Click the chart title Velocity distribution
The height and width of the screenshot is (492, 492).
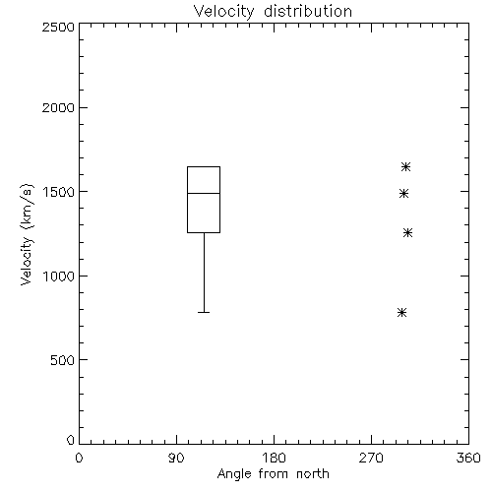click(x=273, y=12)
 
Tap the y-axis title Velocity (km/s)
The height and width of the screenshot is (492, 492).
click(x=27, y=234)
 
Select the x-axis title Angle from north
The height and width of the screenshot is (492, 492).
click(x=273, y=474)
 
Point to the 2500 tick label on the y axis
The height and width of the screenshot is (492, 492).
click(x=58, y=27)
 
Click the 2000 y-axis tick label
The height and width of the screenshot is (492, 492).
click(x=58, y=107)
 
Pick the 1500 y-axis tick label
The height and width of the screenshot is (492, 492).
click(x=59, y=192)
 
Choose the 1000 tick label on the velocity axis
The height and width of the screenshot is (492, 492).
click(x=59, y=277)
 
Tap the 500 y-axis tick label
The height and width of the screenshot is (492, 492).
click(x=63, y=360)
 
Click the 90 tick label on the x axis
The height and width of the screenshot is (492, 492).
click(x=176, y=458)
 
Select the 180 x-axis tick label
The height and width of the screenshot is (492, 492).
click(x=274, y=458)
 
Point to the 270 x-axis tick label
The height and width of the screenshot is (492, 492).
click(x=371, y=458)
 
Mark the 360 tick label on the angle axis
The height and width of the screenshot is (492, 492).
click(x=468, y=458)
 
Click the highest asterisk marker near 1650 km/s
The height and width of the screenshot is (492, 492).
click(x=405, y=167)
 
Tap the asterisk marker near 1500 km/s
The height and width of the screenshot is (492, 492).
click(x=403, y=194)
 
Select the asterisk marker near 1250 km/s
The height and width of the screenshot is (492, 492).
click(x=407, y=233)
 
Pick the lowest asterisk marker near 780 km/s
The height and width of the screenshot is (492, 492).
click(x=401, y=312)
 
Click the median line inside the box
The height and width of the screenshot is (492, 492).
click(x=204, y=193)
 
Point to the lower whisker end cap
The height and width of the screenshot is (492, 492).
click(x=204, y=312)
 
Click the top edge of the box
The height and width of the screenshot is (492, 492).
click(x=204, y=166)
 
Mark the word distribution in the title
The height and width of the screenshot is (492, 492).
click(x=308, y=12)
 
